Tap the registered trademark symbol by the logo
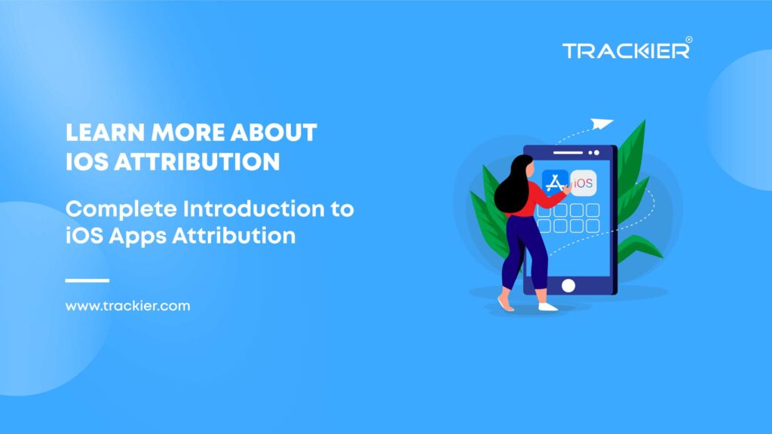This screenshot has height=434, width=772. coord(689,39)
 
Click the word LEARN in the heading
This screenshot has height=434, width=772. coord(105,133)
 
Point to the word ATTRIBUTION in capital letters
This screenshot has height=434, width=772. coord(197,161)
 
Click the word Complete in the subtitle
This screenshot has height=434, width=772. coord(121,209)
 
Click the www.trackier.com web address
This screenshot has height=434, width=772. coord(127,306)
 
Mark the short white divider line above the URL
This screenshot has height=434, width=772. coord(87,280)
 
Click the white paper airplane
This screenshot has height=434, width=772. coord(602,124)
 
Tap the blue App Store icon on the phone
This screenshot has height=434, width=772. coord(555,182)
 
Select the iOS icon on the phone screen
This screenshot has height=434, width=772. coord(584,183)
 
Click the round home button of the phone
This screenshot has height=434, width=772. coord(568,286)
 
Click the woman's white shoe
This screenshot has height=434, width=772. coord(547,307)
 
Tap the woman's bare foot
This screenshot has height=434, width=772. coord(505,302)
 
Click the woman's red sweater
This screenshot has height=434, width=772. coord(537,199)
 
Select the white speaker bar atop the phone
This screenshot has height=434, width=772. coord(568,152)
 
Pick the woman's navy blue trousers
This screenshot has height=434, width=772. coord(524,252)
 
